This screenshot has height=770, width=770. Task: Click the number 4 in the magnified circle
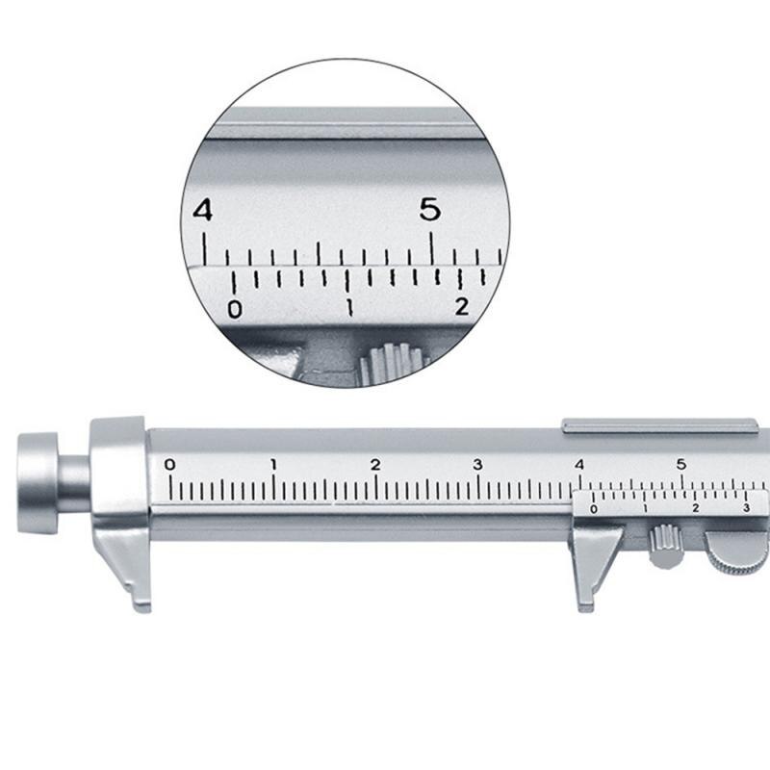pos(203,210)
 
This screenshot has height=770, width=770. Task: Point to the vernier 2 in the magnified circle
pos(463,307)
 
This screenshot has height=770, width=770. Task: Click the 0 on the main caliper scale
pos(170,465)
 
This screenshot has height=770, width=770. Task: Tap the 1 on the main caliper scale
pos(273,465)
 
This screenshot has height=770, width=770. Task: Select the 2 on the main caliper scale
pos(375,465)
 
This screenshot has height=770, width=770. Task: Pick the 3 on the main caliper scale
pos(477,465)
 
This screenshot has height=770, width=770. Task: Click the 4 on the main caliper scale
pos(579,465)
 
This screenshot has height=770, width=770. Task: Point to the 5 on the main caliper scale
pos(681,465)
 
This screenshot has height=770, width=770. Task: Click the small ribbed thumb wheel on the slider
pos(664,546)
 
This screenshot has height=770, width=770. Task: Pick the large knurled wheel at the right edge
pos(739,552)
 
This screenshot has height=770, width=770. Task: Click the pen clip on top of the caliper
pos(659,423)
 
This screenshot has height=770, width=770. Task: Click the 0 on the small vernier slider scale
pos(594,508)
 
